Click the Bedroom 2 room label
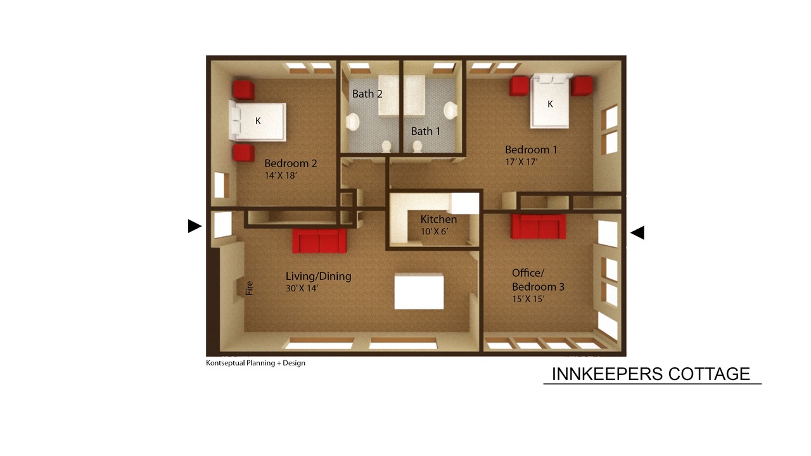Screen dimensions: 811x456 (291, 163)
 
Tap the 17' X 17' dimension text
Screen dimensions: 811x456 (521, 161)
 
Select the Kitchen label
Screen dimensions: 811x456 (438, 219)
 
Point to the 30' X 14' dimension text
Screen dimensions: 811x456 (302, 288)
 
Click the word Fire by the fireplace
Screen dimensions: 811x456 (250, 288)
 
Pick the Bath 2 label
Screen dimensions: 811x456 (367, 94)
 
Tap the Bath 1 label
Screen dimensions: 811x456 (425, 131)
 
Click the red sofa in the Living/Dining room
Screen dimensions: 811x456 (319, 241)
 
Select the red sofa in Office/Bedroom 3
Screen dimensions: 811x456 (539, 227)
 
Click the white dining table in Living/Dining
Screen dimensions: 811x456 (419, 291)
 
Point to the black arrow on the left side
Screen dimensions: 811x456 (195, 226)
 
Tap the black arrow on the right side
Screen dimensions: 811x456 (637, 232)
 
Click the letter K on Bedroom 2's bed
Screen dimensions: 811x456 (258, 121)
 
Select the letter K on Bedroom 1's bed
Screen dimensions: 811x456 (551, 104)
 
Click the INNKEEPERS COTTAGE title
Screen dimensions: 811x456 (651, 374)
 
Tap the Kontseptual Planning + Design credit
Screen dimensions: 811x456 (255, 363)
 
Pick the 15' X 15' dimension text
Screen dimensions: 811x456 (528, 300)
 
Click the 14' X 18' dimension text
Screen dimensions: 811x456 (281, 175)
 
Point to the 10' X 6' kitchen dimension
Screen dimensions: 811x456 (435, 231)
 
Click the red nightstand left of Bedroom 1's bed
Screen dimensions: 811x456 (519, 86)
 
